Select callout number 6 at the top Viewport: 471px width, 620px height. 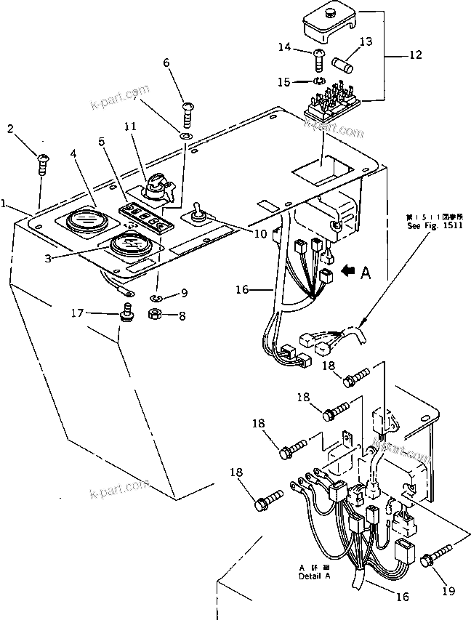point(167,63)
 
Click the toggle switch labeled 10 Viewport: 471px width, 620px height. point(197,215)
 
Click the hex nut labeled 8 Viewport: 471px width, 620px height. point(155,315)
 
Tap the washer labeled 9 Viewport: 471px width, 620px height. point(159,297)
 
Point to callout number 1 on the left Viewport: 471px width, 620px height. point(5,205)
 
